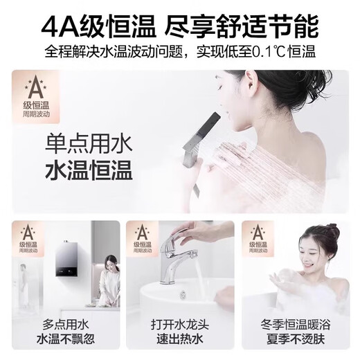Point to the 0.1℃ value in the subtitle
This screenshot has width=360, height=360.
coord(268,52)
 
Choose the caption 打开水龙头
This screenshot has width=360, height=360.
coord(179,325)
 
